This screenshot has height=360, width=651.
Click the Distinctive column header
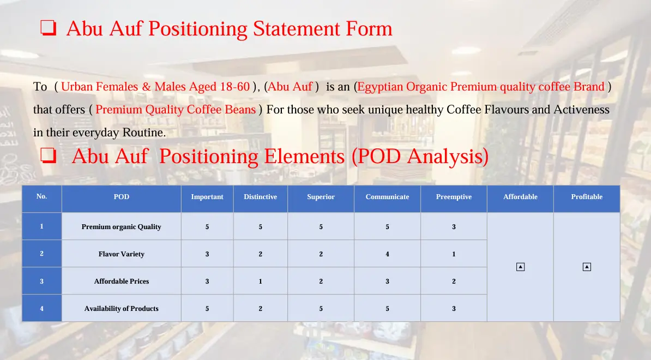coord(260,197)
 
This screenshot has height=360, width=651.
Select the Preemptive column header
coord(454,197)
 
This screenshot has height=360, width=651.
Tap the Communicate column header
coord(387,197)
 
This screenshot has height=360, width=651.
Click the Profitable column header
coord(587,197)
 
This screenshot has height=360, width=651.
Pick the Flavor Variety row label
coord(121,254)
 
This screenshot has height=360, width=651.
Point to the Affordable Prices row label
coord(121,281)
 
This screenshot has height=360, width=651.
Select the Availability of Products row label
coord(121,309)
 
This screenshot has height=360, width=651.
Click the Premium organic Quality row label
coord(121,227)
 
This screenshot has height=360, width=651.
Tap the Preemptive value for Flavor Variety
coord(454,254)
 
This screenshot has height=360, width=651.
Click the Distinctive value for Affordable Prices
coord(260,281)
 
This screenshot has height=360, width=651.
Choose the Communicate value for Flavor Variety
coord(387,254)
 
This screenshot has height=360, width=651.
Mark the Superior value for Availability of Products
coord(321,309)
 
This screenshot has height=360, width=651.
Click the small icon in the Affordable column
coord(520,267)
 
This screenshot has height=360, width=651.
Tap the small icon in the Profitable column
coord(587,267)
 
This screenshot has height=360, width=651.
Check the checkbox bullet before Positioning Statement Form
coord(48,28)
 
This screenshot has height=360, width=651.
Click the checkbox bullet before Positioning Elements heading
coord(48,155)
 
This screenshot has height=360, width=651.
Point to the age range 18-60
coord(234,86)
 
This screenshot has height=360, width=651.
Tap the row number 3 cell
coord(41,281)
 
